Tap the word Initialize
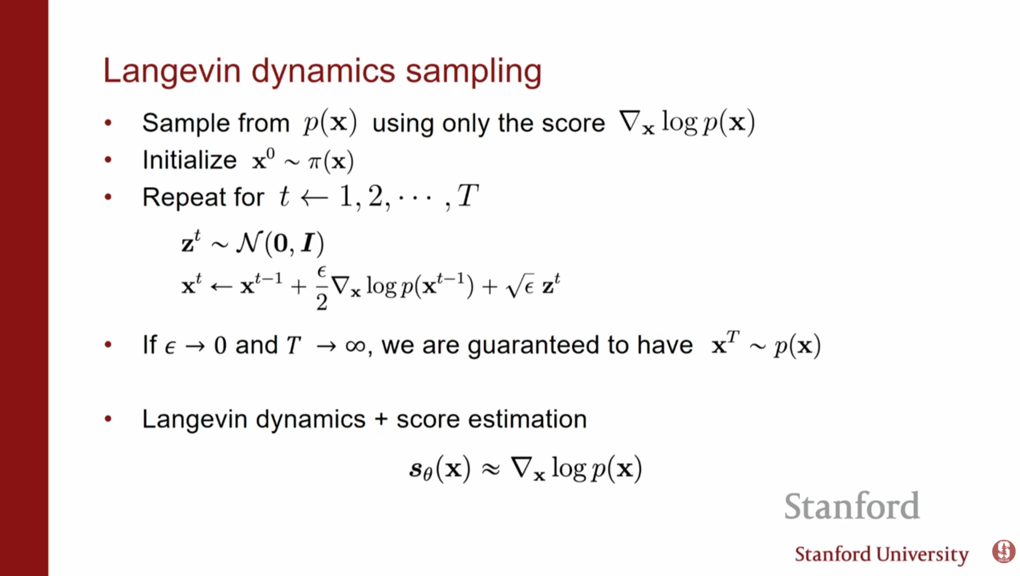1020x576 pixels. pyautogui.click(x=189, y=160)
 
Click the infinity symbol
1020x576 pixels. pyautogui.click(x=356, y=346)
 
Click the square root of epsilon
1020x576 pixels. pyautogui.click(x=520, y=286)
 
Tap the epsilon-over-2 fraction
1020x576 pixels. pyautogui.click(x=322, y=288)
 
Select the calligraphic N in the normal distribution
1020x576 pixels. pyautogui.click(x=250, y=243)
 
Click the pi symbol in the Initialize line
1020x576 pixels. pyautogui.click(x=314, y=162)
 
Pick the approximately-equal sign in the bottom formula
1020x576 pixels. pyautogui.click(x=491, y=469)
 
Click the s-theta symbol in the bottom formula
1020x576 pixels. pyautogui.click(x=421, y=469)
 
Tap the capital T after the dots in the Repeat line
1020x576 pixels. pyautogui.click(x=467, y=196)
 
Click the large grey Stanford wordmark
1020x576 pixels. pyautogui.click(x=852, y=506)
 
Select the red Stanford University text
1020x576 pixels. pyautogui.click(x=882, y=555)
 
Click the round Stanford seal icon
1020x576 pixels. pyautogui.click(x=1003, y=551)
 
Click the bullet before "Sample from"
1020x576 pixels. pyautogui.click(x=108, y=123)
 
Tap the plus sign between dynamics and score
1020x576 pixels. pyautogui.click(x=381, y=419)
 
